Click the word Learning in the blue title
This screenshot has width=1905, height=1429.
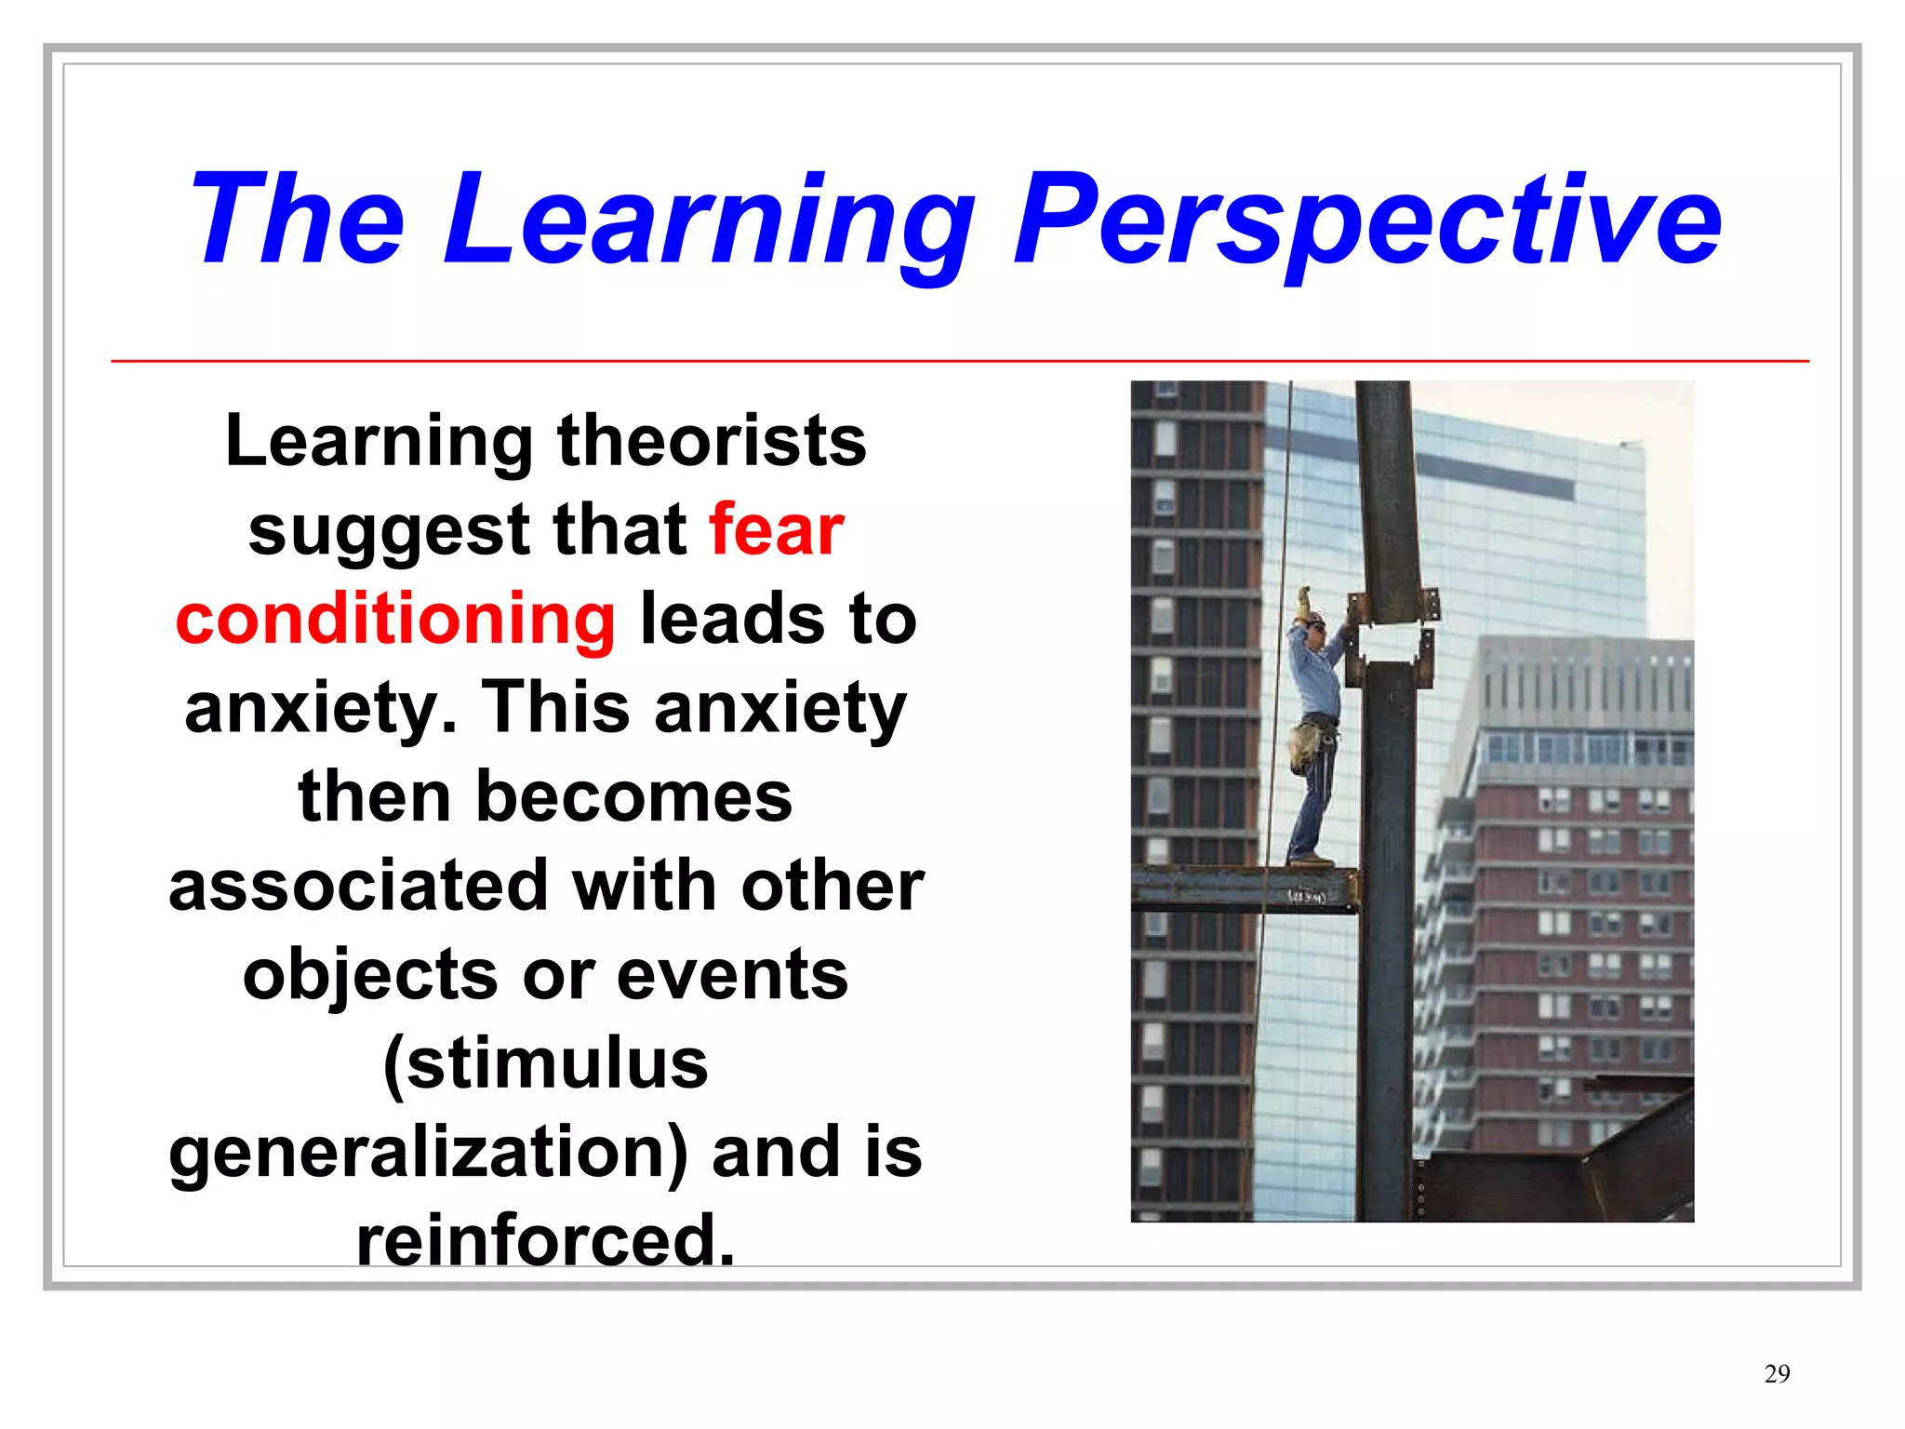[x=707, y=221]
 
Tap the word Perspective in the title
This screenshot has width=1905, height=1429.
[x=1367, y=221]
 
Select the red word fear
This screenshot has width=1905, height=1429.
[x=776, y=530]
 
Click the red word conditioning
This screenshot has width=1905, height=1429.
[x=395, y=620]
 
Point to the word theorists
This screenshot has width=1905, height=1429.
[x=712, y=441]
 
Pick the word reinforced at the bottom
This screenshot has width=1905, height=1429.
[x=546, y=1240]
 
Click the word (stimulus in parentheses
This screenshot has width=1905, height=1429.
[x=546, y=1063]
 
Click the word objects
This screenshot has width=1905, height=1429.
[x=370, y=975]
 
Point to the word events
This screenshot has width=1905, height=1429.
[x=732, y=975]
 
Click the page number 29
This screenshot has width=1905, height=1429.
[x=1777, y=1373]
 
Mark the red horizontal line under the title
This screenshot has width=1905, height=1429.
[x=958, y=361]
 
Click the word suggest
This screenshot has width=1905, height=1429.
[x=388, y=530]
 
